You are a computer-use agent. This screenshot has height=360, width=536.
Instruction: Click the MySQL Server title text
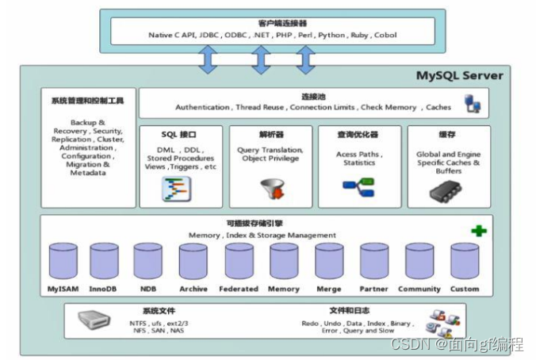tap(459, 75)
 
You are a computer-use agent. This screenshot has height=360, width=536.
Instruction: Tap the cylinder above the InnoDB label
tap(104, 261)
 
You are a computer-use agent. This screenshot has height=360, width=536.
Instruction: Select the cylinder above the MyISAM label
tap(63, 261)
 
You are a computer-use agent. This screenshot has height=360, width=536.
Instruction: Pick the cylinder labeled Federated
tap(239, 261)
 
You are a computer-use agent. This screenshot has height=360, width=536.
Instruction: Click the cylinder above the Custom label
tap(465, 261)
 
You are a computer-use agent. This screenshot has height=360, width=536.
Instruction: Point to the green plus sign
tap(479, 231)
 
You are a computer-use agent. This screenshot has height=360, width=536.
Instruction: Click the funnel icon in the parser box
tap(273, 189)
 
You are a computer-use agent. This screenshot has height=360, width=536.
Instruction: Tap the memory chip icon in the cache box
tap(446, 191)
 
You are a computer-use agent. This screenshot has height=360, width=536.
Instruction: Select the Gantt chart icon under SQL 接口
tap(176, 189)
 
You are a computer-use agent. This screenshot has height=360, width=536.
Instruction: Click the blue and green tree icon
tap(358, 187)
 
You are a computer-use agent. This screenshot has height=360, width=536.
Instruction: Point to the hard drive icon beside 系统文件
tap(94, 320)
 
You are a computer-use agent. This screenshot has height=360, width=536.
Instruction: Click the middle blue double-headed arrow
tap(261, 60)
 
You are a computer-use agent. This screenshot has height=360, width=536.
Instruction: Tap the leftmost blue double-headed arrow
tap(208, 59)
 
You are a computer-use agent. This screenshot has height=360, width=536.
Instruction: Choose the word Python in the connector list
tap(331, 35)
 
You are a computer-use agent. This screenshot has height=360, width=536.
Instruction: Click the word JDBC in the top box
tap(209, 35)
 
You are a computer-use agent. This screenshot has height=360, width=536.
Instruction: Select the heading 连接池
tap(313, 97)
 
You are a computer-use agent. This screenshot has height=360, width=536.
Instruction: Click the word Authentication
tap(202, 107)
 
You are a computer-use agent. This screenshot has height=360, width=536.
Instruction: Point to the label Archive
tap(193, 289)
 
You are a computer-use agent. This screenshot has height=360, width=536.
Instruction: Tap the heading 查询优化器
tap(358, 134)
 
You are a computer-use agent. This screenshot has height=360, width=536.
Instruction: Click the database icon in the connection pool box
tap(473, 104)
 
